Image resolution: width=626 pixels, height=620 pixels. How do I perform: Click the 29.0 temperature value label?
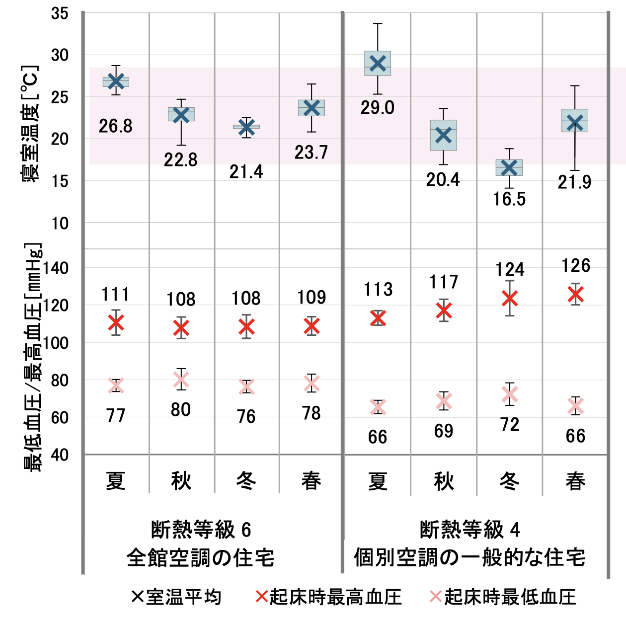tap(378, 108)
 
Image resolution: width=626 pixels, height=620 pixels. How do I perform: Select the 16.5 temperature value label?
tap(509, 199)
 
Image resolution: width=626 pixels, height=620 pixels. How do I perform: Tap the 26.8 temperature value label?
tap(116, 126)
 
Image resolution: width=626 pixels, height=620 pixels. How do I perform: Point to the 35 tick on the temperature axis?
tap(60, 13)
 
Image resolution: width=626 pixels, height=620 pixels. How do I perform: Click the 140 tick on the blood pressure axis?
tap(56, 268)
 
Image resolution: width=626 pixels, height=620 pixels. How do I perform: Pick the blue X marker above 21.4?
tap(246, 127)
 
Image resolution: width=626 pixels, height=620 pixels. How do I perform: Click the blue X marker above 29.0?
tap(378, 63)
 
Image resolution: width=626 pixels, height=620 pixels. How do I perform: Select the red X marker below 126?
tap(575, 294)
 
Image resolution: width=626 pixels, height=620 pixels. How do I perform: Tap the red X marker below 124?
tap(510, 298)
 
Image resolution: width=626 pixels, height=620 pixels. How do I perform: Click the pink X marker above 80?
tap(181, 380)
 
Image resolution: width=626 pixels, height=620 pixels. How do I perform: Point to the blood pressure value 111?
tap(116, 295)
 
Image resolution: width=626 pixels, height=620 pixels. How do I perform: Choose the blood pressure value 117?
tap(444, 282)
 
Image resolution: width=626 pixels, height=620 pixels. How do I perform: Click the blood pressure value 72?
tap(510, 425)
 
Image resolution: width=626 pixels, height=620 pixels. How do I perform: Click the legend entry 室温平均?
tap(177, 597)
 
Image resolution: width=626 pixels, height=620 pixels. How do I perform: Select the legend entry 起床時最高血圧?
tap(328, 597)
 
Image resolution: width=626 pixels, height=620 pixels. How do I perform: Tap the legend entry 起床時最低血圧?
tap(503, 597)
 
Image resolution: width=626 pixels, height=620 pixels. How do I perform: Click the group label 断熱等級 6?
tap(201, 530)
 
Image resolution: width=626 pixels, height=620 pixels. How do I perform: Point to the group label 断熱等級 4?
tap(470, 530)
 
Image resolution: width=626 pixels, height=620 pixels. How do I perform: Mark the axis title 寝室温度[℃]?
tap(30, 124)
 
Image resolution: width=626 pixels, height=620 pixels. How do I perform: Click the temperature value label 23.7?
tap(312, 153)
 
